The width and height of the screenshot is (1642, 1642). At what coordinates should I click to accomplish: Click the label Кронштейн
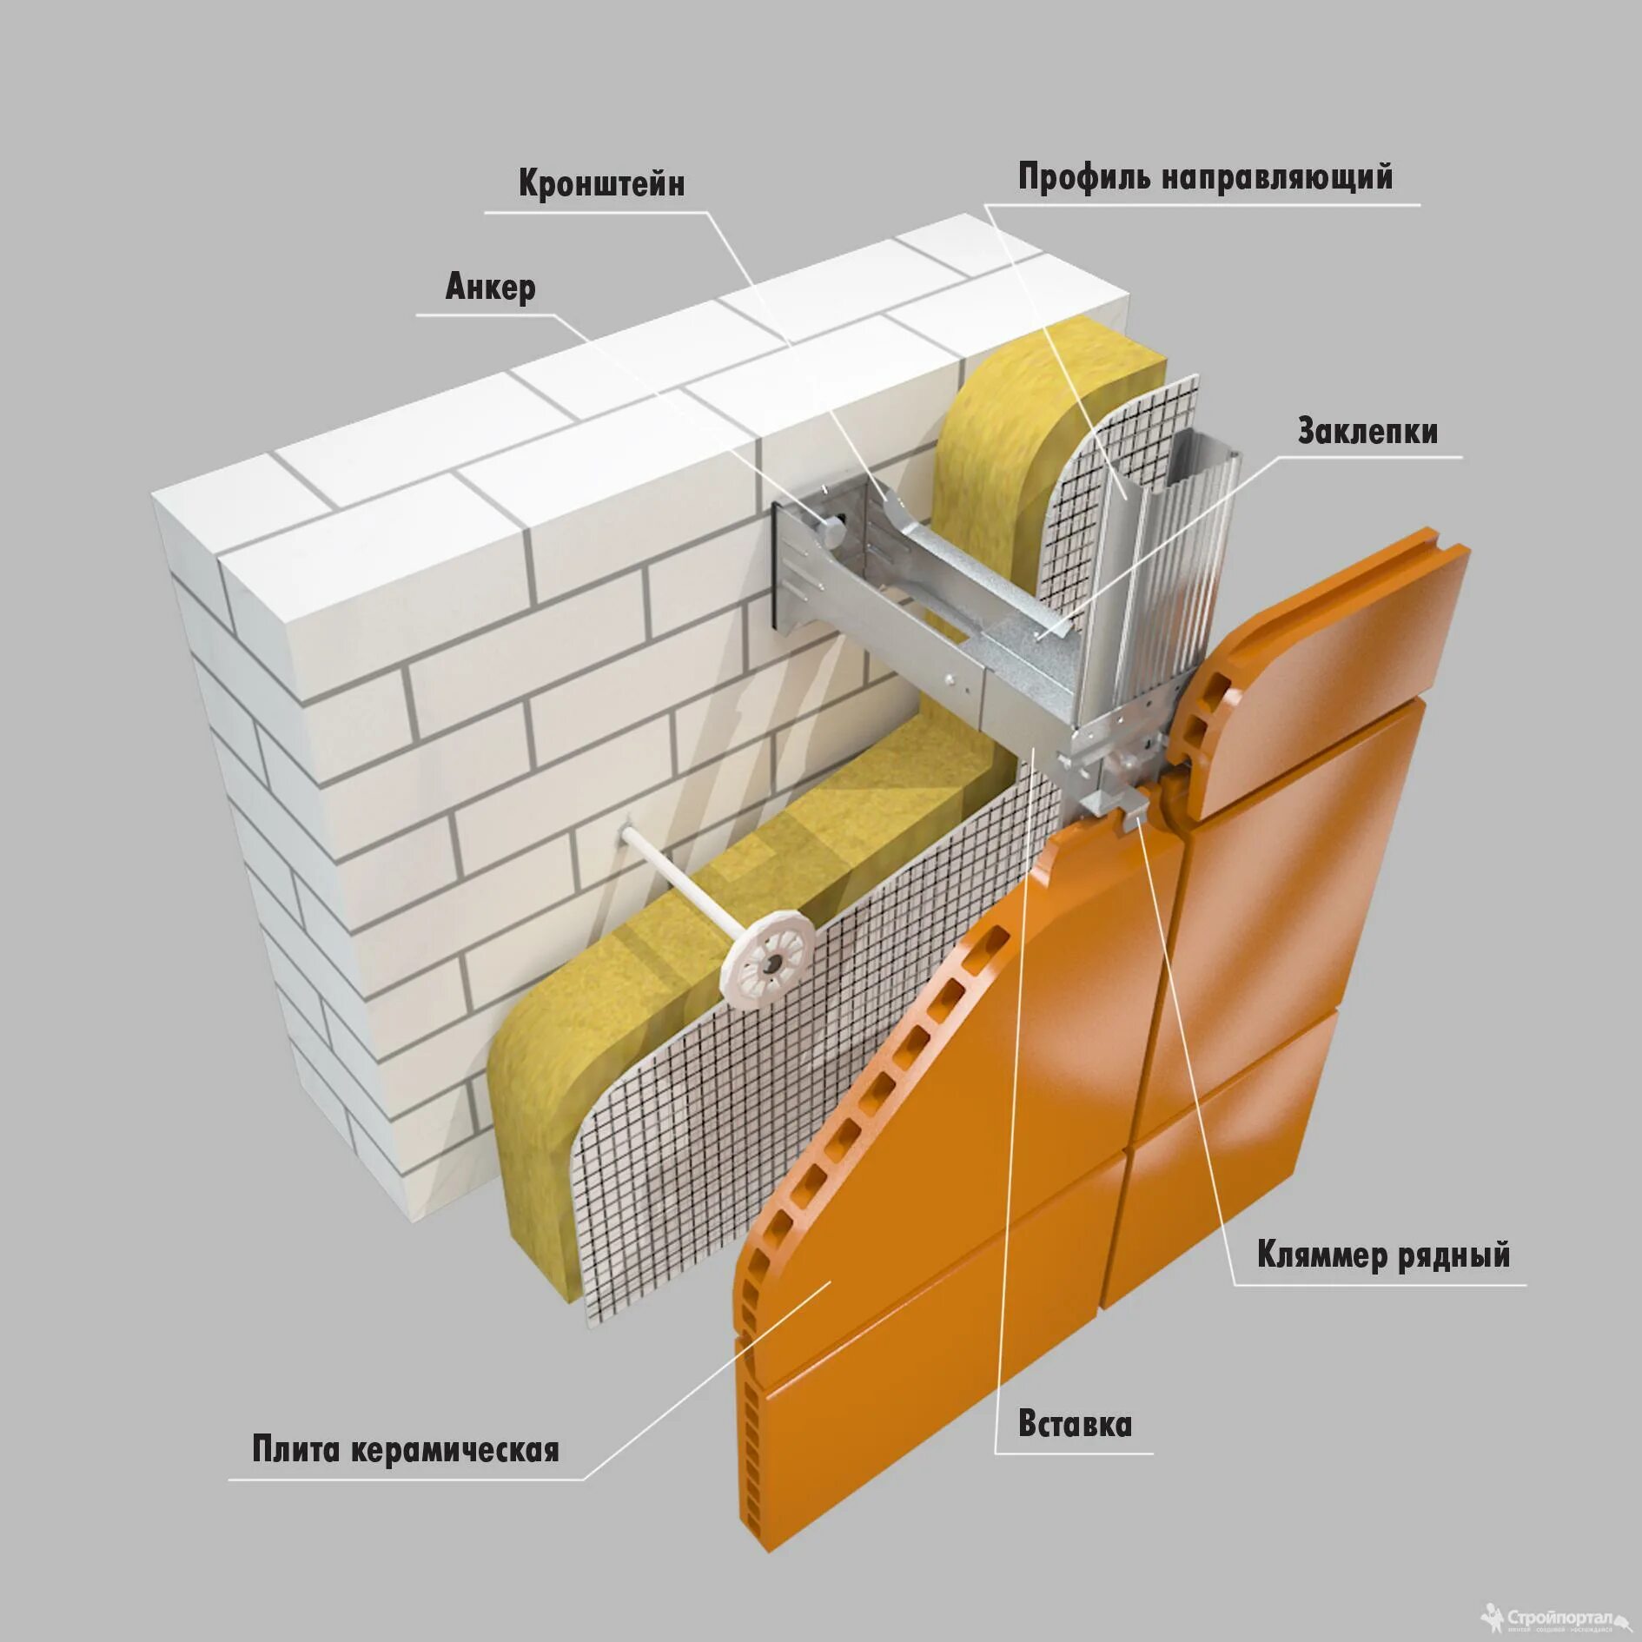[601, 184]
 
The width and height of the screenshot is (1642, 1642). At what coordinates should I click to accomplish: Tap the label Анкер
[490, 288]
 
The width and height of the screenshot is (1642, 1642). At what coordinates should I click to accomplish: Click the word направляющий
[1276, 177]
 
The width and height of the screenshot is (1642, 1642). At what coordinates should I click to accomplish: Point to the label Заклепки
[1367, 432]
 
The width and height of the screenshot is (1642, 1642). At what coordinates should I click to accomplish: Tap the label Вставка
[1075, 1426]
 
